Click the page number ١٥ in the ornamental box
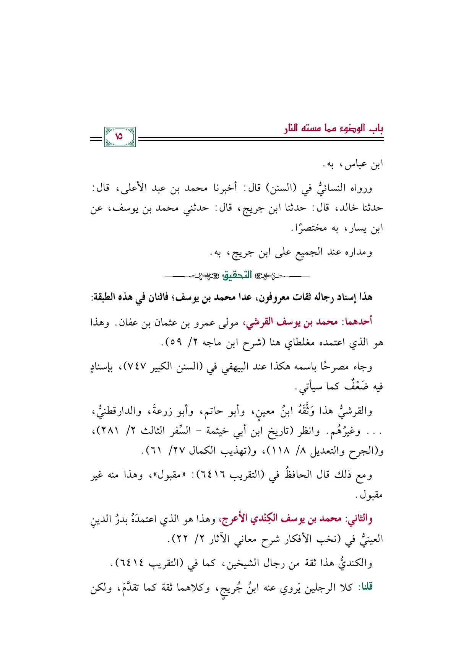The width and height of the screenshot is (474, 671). [119, 136]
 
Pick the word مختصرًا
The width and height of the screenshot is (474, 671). [308, 228]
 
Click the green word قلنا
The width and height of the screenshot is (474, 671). [365, 587]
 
